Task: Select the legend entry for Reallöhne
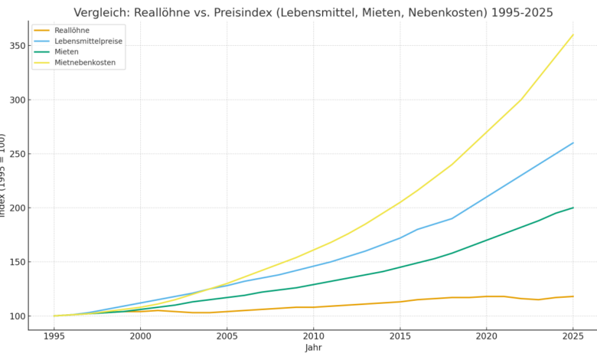pyautogui.click(x=72, y=31)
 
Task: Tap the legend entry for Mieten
pyautogui.click(x=67, y=52)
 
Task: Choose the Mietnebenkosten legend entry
pyautogui.click(x=85, y=63)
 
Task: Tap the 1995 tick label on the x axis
pyautogui.click(x=54, y=335)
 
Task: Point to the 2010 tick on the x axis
pyautogui.click(x=313, y=335)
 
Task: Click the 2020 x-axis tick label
pyautogui.click(x=486, y=335)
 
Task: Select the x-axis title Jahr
pyautogui.click(x=313, y=348)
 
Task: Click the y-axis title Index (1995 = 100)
pyautogui.click(x=3, y=175)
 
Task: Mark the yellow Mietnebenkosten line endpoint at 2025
pyautogui.click(x=573, y=34)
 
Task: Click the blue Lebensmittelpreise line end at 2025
pyautogui.click(x=573, y=142)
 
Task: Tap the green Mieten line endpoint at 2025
pyautogui.click(x=573, y=208)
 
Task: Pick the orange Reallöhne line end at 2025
pyautogui.click(x=573, y=296)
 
